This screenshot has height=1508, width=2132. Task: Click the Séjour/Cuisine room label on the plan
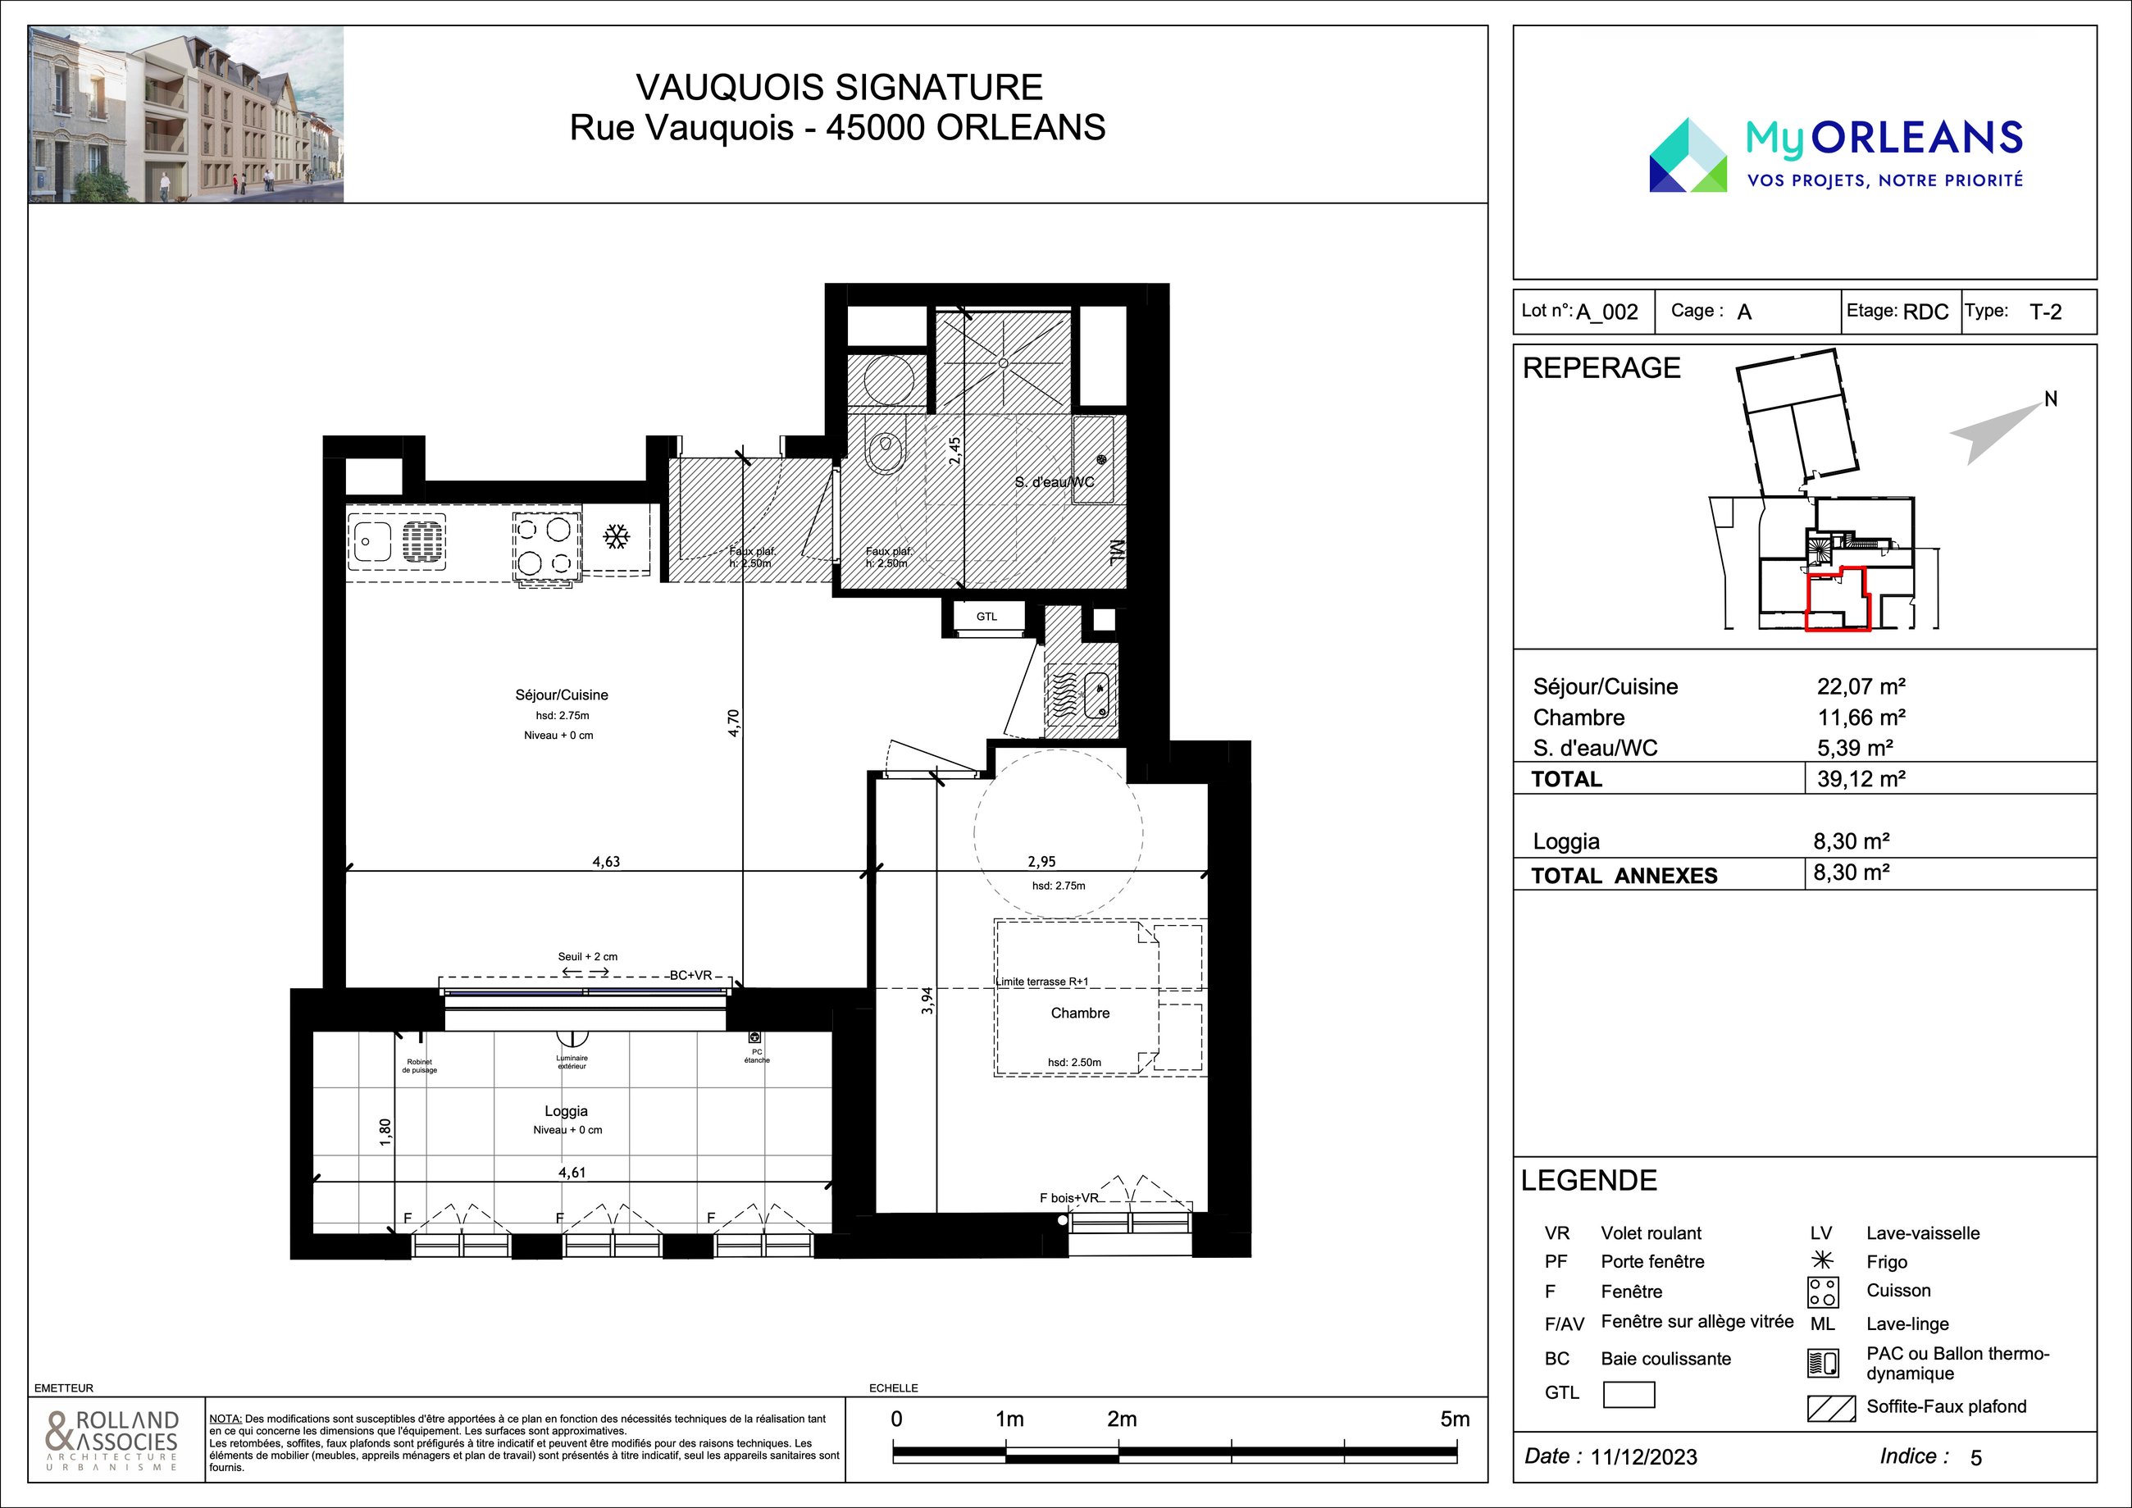pyautogui.click(x=562, y=695)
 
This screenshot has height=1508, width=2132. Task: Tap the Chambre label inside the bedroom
pyautogui.click(x=1080, y=1013)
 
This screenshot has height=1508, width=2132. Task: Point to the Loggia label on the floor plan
pyautogui.click(x=567, y=1110)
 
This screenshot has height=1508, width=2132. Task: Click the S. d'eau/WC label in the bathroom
pyautogui.click(x=1055, y=482)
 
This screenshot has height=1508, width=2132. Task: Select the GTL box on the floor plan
pyautogui.click(x=986, y=617)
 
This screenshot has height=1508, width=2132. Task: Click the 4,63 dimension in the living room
pyautogui.click(x=606, y=862)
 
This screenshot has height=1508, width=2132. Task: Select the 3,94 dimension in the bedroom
pyautogui.click(x=927, y=1000)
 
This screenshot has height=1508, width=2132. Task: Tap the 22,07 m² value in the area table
pyautogui.click(x=1861, y=686)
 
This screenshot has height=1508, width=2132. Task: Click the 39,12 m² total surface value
pyautogui.click(x=1861, y=778)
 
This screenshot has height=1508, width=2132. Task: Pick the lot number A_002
pyautogui.click(x=1607, y=312)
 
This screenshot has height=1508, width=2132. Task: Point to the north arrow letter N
pyautogui.click(x=2051, y=399)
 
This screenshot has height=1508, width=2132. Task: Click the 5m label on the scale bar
pyautogui.click(x=1455, y=1419)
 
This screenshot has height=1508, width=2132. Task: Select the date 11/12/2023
pyautogui.click(x=1643, y=1457)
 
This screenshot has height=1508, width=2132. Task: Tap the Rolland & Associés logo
pyautogui.click(x=112, y=1440)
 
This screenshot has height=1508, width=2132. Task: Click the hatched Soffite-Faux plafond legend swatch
pyautogui.click(x=1831, y=1408)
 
